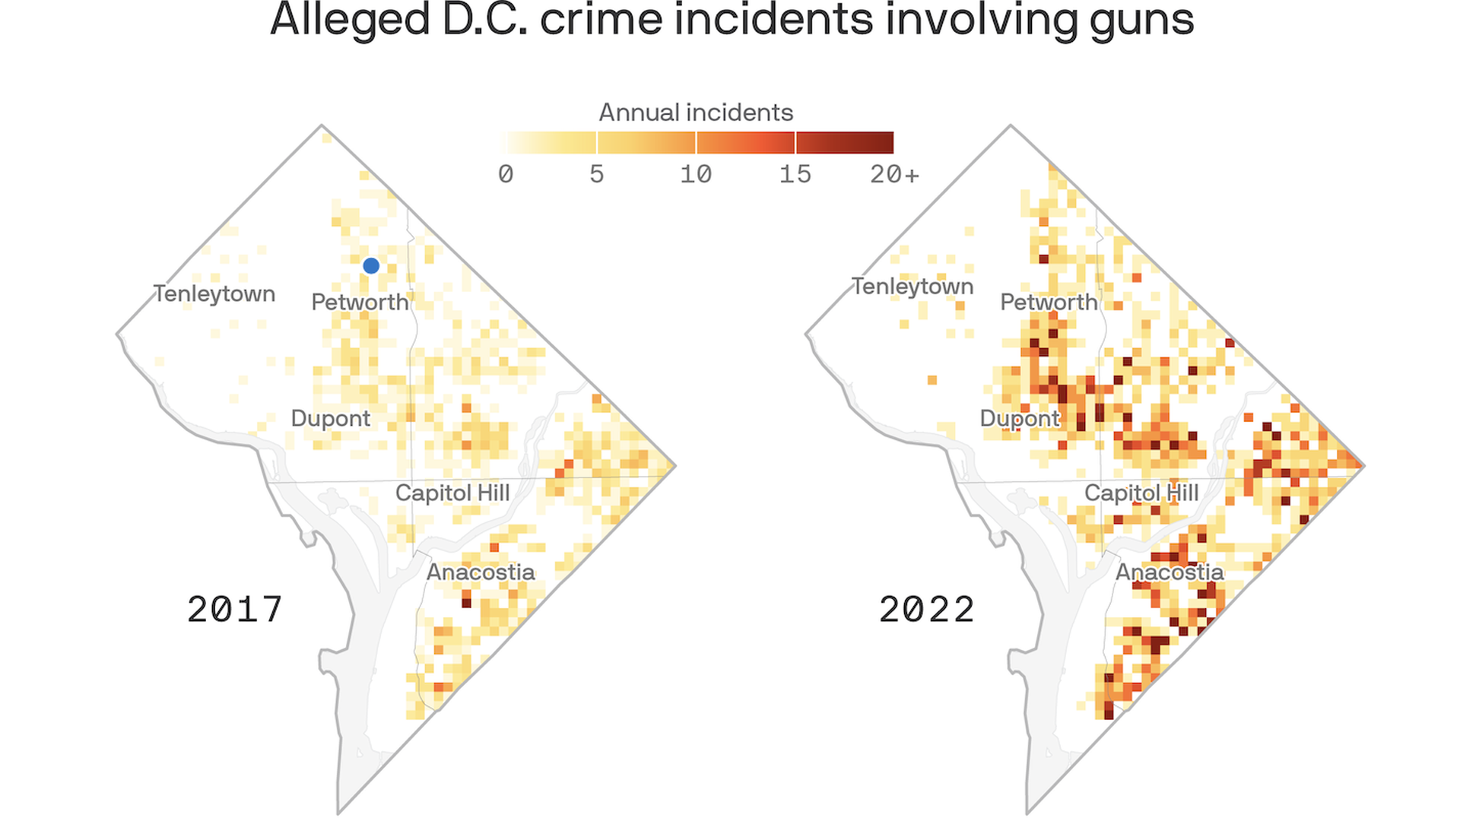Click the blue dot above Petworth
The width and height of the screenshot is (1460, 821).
[x=371, y=265]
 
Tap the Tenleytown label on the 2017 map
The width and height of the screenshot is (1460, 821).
[x=214, y=294]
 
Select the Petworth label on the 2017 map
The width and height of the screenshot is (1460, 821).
[x=360, y=303]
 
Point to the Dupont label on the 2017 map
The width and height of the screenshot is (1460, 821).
[x=331, y=419]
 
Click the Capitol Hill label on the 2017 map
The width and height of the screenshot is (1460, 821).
[x=452, y=493]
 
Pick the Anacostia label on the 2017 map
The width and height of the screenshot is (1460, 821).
[x=481, y=572]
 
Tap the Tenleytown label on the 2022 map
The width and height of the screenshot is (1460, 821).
[x=912, y=287]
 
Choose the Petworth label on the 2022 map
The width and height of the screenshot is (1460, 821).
[x=1049, y=303]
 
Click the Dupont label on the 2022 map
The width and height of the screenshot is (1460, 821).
[x=1020, y=419]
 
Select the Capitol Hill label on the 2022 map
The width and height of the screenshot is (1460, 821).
[x=1141, y=493]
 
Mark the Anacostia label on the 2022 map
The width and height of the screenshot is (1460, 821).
[x=1170, y=572]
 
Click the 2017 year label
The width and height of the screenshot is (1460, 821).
[x=235, y=610]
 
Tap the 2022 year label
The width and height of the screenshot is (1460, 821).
[x=927, y=610]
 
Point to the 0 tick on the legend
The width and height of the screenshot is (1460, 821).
[x=506, y=175]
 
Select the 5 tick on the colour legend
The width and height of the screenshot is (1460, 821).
[x=597, y=175]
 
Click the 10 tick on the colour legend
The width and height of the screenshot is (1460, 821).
[x=696, y=175]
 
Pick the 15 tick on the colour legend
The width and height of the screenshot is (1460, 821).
[x=795, y=175]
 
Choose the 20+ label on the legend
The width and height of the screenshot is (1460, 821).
[x=895, y=175]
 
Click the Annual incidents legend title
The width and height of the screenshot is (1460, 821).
[x=696, y=113]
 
